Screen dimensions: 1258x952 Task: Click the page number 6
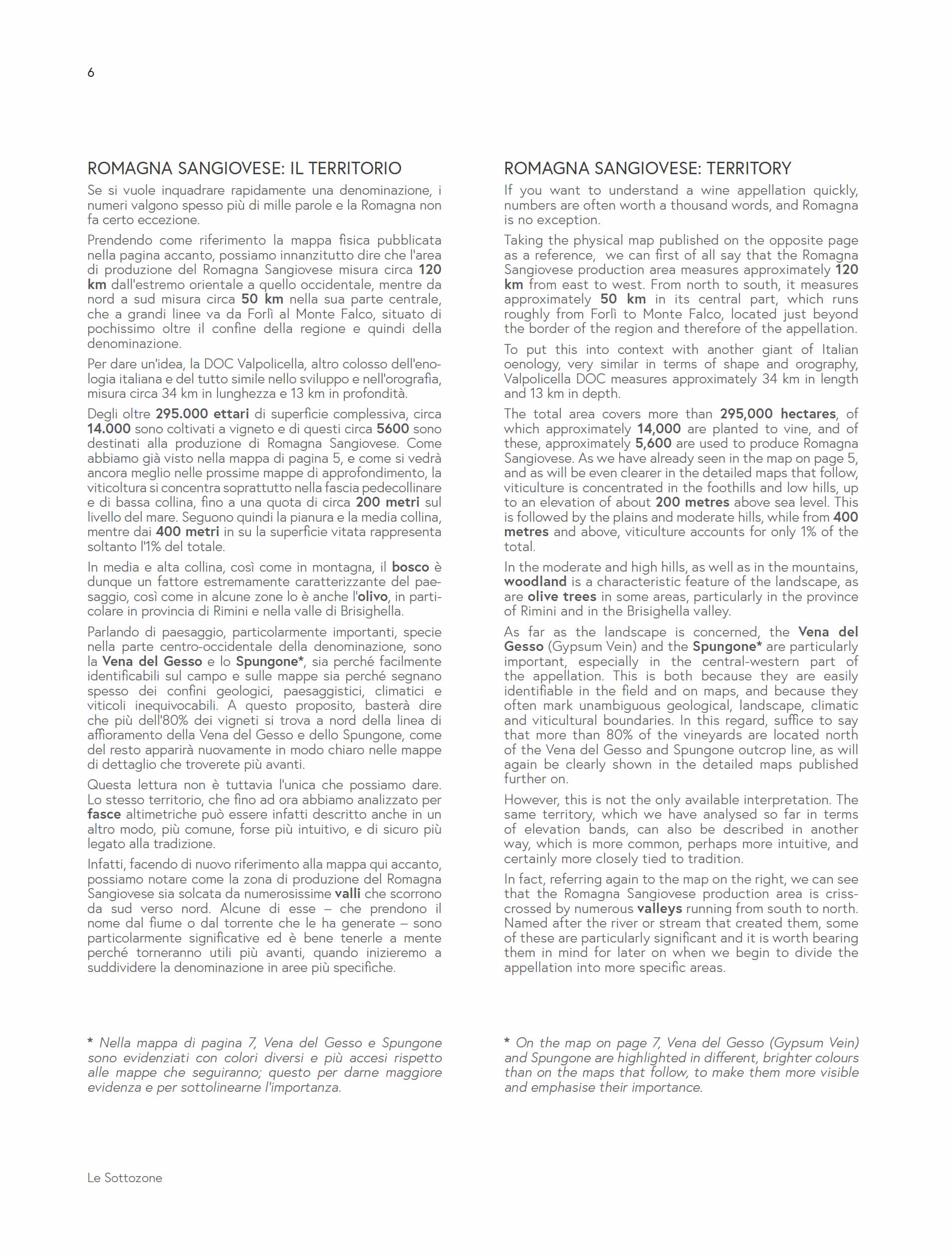click(x=90, y=72)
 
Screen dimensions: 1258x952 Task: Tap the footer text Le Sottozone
click(x=124, y=1177)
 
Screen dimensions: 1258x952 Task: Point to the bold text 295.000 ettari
click(x=203, y=414)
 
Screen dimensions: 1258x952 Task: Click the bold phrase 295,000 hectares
click(x=778, y=413)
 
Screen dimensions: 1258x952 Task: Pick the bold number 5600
click(x=392, y=429)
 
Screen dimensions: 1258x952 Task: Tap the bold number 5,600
click(x=653, y=444)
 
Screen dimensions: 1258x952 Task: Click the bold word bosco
click(x=410, y=567)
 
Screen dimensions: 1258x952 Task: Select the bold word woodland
click(x=535, y=582)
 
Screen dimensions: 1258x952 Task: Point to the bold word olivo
click(x=372, y=597)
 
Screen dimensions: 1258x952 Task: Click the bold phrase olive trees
click(x=561, y=597)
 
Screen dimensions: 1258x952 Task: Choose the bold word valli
click(x=347, y=894)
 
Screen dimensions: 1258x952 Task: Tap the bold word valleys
click(x=659, y=909)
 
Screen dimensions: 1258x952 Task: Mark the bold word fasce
click(x=104, y=814)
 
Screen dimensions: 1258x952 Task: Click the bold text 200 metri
click(x=388, y=502)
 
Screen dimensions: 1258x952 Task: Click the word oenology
click(x=531, y=364)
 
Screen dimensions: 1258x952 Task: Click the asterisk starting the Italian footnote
click(x=90, y=1042)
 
